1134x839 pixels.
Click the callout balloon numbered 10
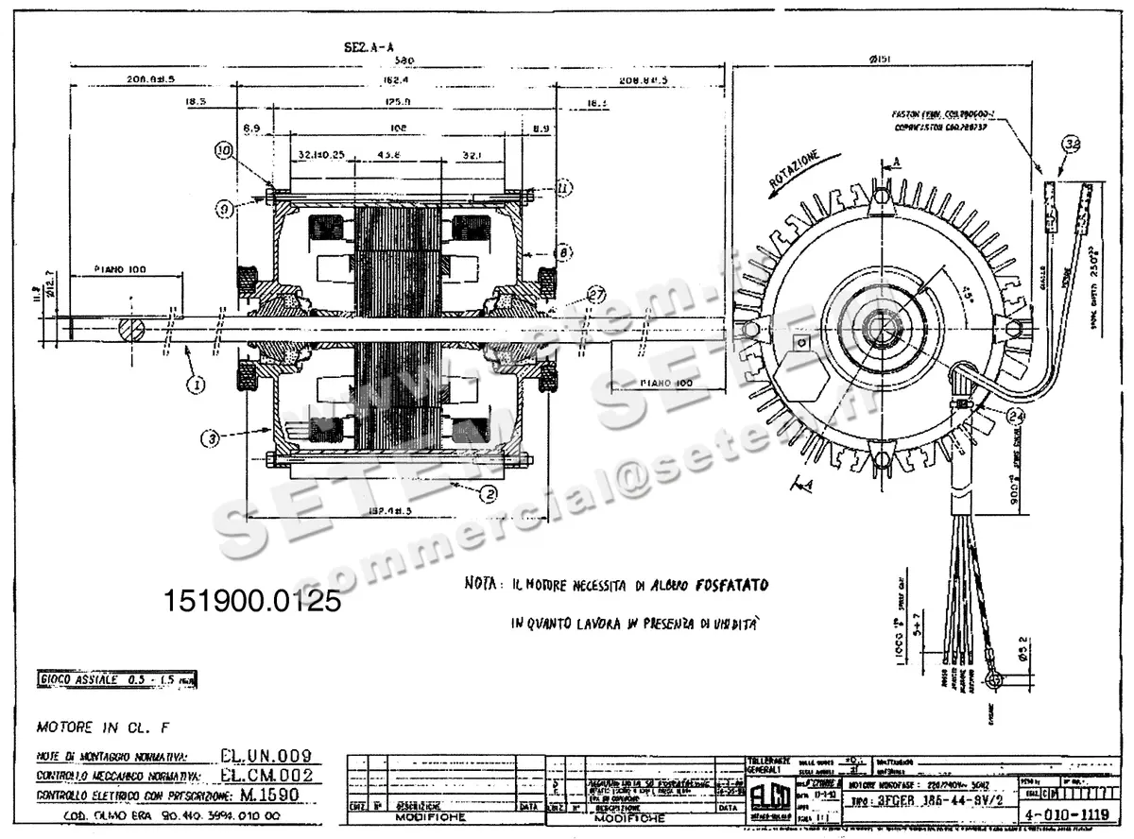224,149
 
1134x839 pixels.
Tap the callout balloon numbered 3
210,437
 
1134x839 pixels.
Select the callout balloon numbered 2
488,491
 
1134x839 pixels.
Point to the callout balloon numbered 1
198,385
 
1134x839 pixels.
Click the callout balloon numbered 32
1071,145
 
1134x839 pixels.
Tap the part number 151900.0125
252,601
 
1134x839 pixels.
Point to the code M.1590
269,795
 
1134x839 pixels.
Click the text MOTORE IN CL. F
93,728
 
